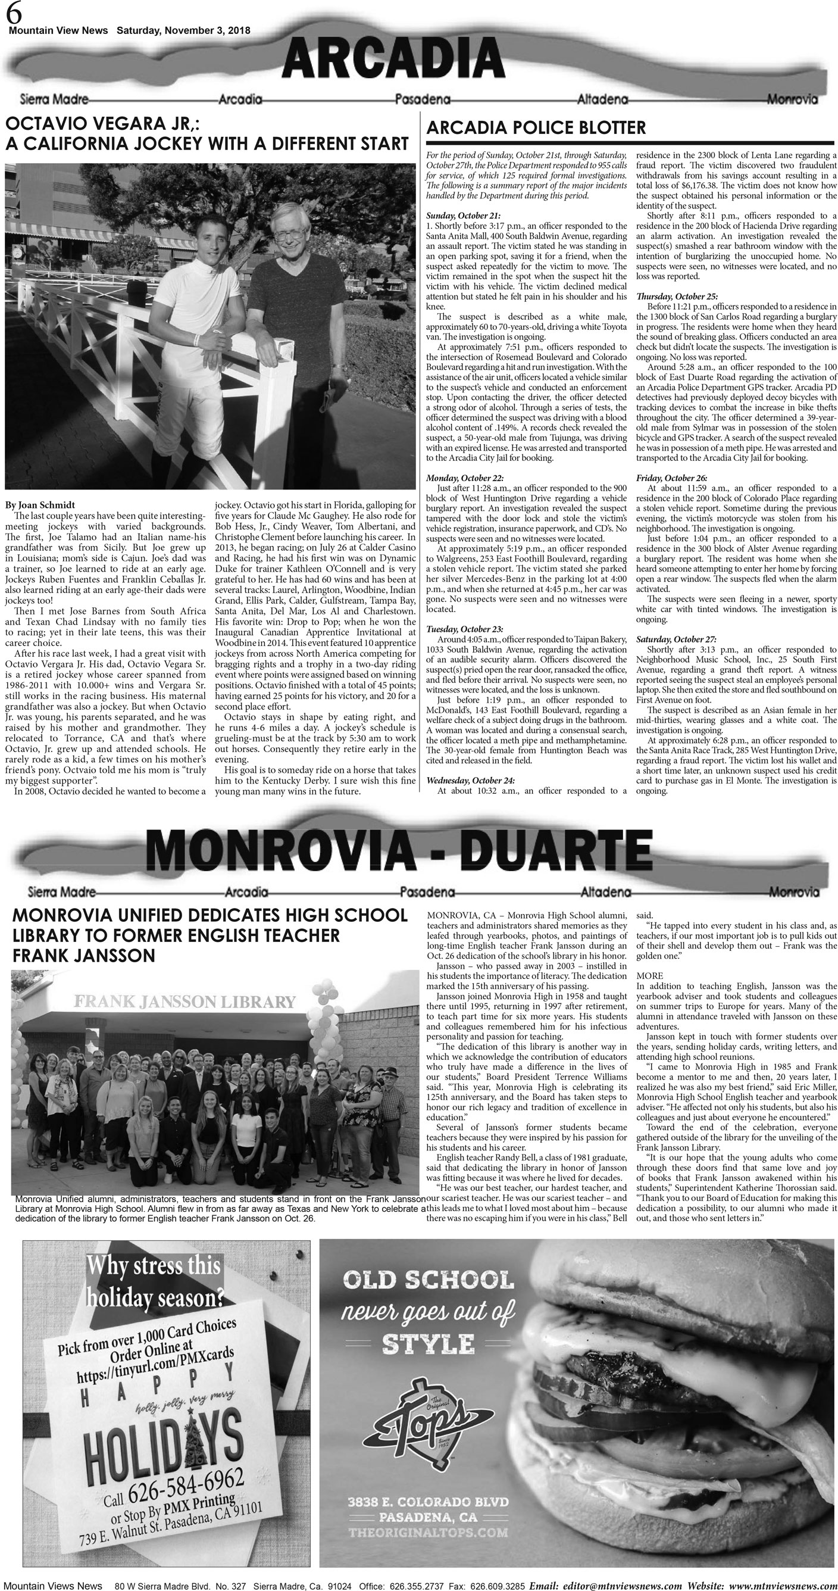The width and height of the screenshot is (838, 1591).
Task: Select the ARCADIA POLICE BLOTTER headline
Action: click(536, 128)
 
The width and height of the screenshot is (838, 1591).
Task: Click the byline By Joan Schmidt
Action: click(40, 504)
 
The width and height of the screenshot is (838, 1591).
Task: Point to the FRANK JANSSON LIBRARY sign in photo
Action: click(185, 1001)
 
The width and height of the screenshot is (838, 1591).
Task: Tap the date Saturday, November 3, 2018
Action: click(183, 30)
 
